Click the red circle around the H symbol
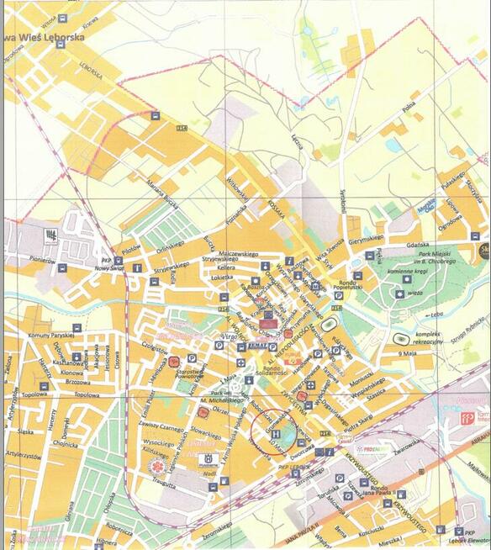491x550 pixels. tap(272, 430)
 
